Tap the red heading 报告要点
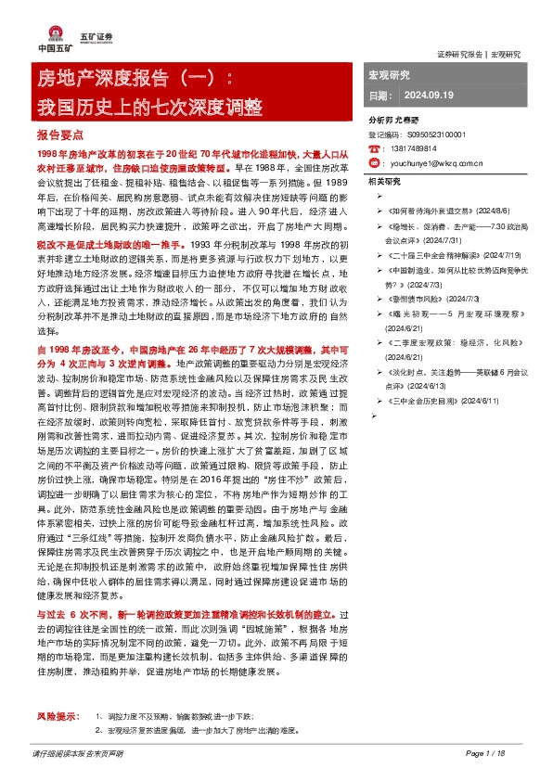pos(59,134)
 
